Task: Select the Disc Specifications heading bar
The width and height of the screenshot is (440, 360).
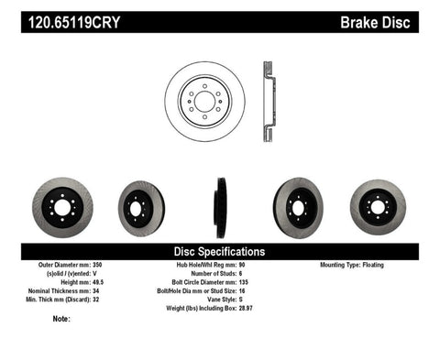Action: pyautogui.click(x=220, y=250)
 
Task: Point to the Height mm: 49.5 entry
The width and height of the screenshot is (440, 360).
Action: pyautogui.click(x=77, y=282)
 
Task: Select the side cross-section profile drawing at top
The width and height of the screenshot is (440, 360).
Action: pyautogui.click(x=268, y=96)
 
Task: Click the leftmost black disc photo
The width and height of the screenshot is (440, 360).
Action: pyautogui.click(x=61, y=207)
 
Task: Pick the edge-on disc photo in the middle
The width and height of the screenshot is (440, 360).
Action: pyautogui.click(x=220, y=207)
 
